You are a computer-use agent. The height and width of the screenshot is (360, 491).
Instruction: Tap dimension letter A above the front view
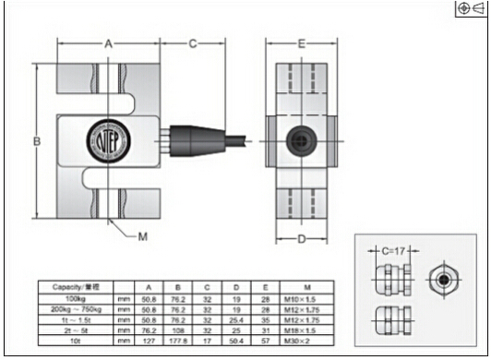(108, 43)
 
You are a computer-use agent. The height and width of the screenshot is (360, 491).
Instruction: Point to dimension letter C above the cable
(194, 43)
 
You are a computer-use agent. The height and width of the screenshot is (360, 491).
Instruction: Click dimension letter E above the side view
(301, 43)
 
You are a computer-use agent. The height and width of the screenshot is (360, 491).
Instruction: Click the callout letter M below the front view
(143, 237)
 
